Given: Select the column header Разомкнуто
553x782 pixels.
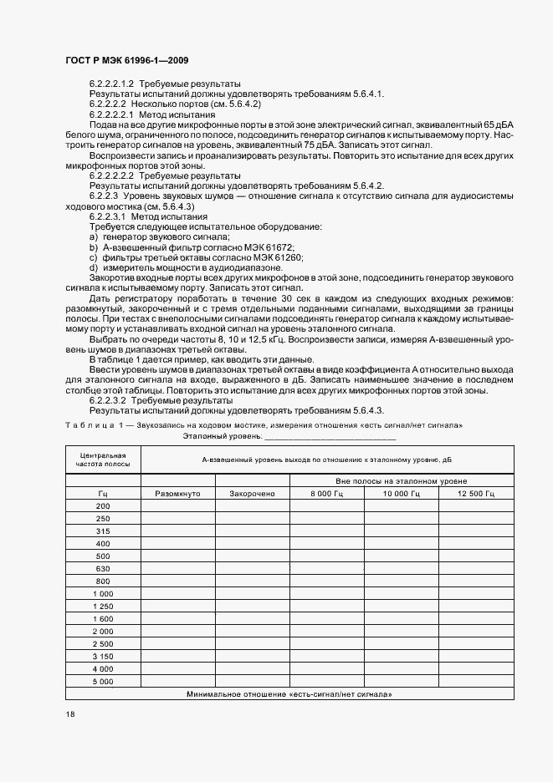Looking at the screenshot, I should pos(178,494).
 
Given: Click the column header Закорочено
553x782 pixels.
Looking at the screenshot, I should pos(253,494).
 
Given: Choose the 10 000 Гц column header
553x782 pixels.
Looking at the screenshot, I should pos(401,494).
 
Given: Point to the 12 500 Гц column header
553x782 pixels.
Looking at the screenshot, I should pos(475,494).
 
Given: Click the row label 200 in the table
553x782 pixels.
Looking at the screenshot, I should pos(103,506).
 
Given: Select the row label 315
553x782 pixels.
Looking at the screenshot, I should pos(103,531).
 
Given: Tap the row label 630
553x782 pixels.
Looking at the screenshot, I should pos(103,568).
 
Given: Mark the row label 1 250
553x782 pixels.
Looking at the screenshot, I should pos(103,605).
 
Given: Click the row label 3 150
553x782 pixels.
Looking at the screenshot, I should pos(103,657).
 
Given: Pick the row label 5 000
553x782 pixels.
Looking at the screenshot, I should pos(103,682).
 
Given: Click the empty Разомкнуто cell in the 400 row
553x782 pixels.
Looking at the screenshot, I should pos(178,543).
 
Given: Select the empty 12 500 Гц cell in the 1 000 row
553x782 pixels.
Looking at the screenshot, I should pos(475,593).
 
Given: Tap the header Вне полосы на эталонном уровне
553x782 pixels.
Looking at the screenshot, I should pos(401,481).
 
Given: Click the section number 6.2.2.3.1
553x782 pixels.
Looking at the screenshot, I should pos(112,216).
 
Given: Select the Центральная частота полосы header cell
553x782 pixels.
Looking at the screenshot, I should pos(103,459).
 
